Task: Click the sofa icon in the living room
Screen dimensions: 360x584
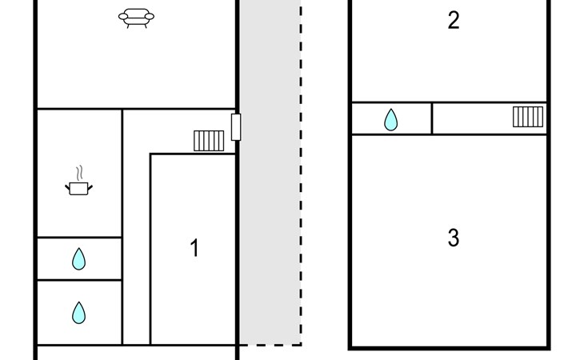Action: pos(137,18)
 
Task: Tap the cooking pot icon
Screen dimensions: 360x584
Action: pos(78,188)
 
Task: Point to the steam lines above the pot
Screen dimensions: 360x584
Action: pos(78,172)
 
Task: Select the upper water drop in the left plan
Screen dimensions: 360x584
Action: pos(78,258)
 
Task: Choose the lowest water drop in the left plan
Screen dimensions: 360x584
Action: pos(78,312)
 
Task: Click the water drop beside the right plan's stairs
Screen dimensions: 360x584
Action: pos(390,120)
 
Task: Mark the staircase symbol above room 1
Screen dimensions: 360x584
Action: pos(208,141)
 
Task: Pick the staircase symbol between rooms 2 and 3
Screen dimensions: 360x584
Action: pos(528,117)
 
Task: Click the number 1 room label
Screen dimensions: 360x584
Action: pos(194,249)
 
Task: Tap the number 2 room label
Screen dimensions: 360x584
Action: pos(454,21)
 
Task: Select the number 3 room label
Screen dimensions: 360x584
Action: pos(454,238)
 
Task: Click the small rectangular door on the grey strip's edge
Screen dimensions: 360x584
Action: pos(235,127)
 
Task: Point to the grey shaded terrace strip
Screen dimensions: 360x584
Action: pos(270,200)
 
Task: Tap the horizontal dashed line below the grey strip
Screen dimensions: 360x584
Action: pos(270,345)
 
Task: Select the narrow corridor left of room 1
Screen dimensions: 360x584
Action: pos(136,256)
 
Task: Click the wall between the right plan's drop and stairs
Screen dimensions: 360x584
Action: pos(432,118)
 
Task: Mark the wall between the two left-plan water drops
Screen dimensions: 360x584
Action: pos(78,280)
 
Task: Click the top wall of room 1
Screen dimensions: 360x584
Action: pos(192,154)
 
